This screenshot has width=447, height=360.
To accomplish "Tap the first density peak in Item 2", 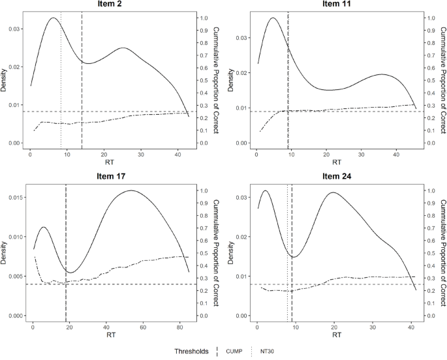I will [x=52, y=18].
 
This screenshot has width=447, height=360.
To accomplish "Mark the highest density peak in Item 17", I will [x=131, y=190].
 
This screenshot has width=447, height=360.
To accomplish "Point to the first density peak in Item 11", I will [x=273, y=18].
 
